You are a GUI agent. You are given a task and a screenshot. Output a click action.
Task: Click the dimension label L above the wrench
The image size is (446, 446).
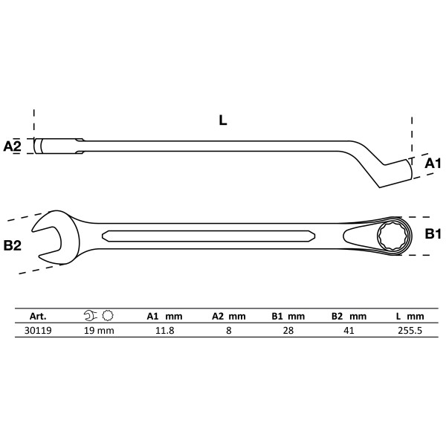click(223, 120)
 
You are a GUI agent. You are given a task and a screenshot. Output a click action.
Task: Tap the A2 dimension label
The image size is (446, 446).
click(12, 146)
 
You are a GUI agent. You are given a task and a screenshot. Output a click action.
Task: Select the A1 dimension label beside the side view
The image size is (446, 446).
click(433, 164)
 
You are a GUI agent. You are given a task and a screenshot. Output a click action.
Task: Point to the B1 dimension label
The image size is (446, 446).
click(433, 234)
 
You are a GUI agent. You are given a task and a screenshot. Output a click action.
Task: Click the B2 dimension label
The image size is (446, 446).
click(12, 245)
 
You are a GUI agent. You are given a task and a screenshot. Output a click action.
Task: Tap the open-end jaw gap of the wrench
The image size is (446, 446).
click(47, 241)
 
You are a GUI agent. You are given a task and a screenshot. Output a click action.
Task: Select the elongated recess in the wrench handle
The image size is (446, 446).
click(208, 236)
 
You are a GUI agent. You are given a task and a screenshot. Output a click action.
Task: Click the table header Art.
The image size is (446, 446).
click(38, 317)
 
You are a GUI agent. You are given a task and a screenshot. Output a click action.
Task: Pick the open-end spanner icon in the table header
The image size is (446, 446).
click(91, 315)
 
